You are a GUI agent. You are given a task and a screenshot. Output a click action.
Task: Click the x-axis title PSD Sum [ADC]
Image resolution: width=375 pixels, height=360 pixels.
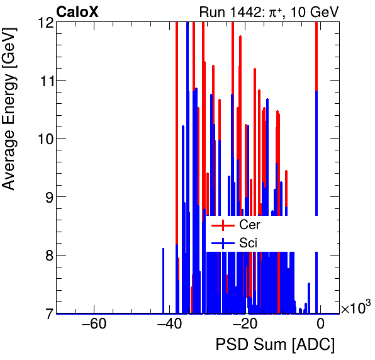[x=275, y=346]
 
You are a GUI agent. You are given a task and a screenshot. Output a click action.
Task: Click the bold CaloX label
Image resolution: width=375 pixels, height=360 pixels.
[x=77, y=12]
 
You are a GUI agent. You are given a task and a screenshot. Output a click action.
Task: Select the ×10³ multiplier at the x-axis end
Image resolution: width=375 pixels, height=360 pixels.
[x=355, y=308]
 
